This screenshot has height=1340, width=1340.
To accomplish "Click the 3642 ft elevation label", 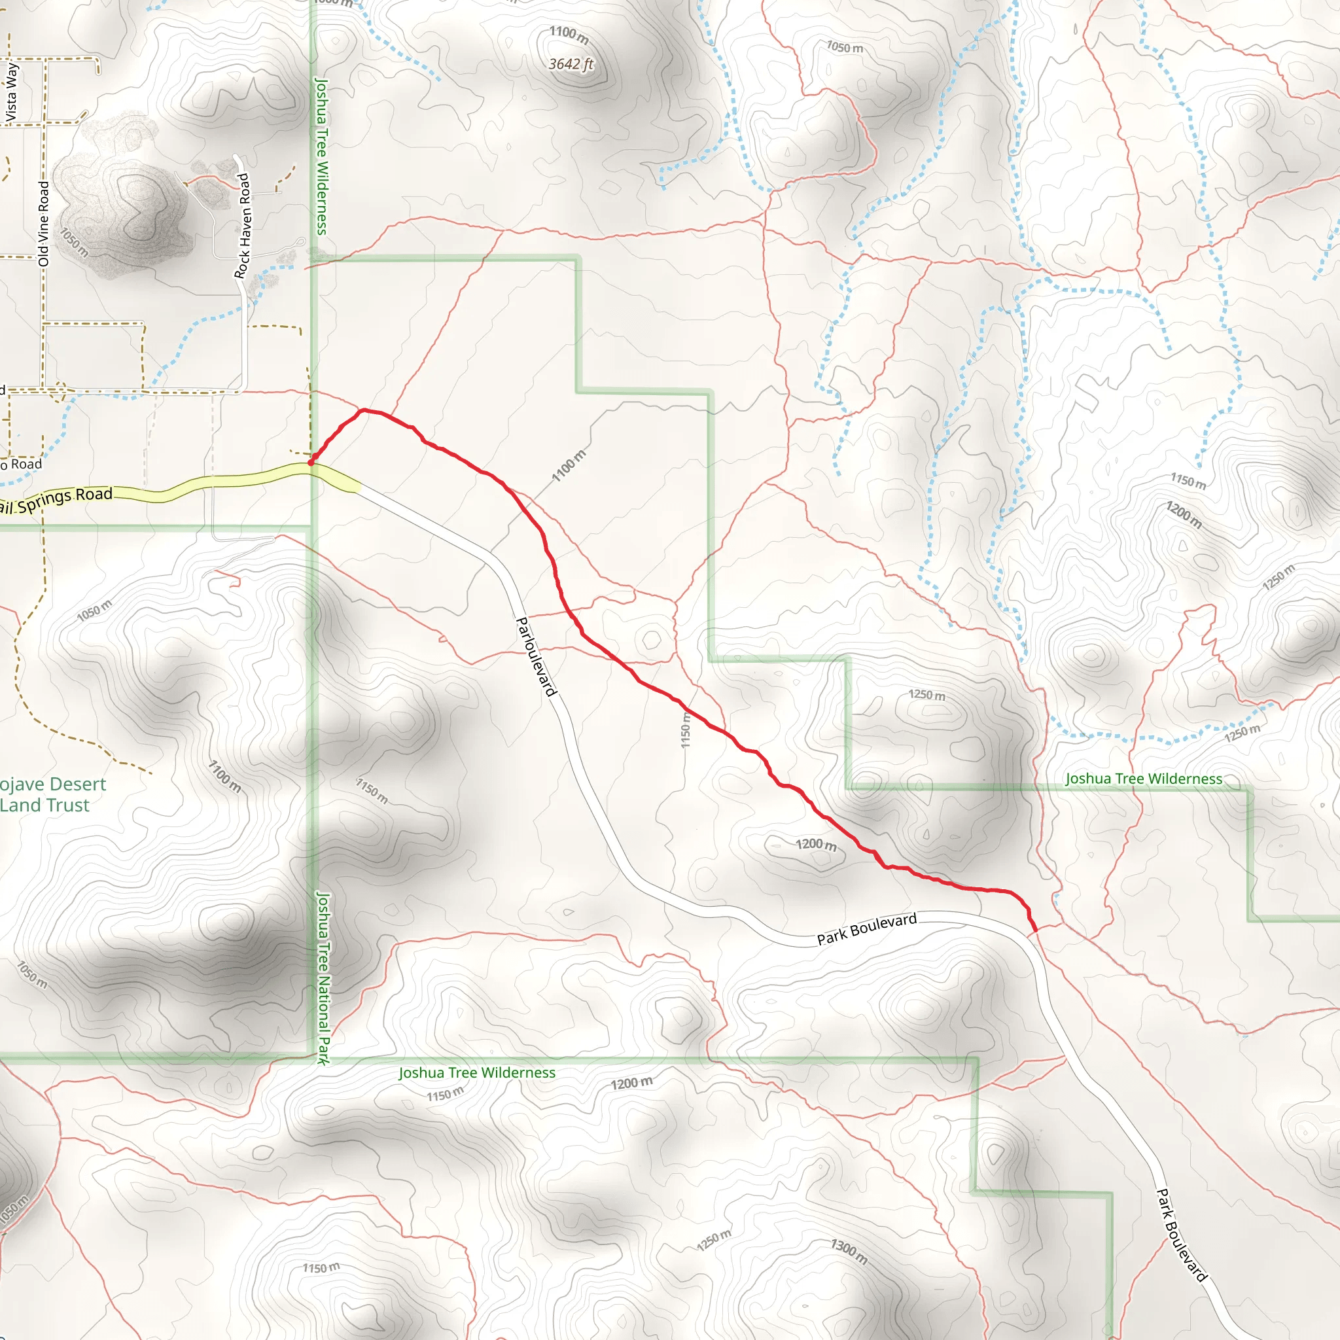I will click(x=571, y=65).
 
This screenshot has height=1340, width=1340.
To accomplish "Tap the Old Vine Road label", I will click(x=44, y=223).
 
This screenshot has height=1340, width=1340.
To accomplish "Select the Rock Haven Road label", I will click(x=242, y=226).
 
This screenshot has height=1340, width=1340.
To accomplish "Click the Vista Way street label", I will click(x=12, y=92).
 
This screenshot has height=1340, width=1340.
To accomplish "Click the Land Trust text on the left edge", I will click(x=45, y=805).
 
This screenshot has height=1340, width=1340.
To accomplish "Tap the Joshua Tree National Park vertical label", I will click(x=323, y=978).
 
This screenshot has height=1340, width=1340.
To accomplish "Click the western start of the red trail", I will click(x=311, y=462).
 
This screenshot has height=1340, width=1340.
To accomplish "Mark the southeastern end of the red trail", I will click(x=1035, y=930).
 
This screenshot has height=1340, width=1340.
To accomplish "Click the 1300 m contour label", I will click(x=849, y=1250).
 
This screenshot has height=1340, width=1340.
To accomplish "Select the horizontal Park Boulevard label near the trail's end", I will click(x=866, y=928).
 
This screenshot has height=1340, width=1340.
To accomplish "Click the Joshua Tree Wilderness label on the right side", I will click(x=1143, y=779).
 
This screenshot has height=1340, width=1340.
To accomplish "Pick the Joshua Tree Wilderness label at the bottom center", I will click(x=476, y=1072).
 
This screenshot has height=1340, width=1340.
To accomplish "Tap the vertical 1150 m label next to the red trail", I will click(x=685, y=730).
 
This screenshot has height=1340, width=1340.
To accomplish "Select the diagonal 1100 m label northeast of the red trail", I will click(x=569, y=465).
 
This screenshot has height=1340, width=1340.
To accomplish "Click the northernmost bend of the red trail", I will click(x=362, y=411).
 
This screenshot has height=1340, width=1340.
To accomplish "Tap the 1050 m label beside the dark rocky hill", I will click(x=74, y=242).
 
